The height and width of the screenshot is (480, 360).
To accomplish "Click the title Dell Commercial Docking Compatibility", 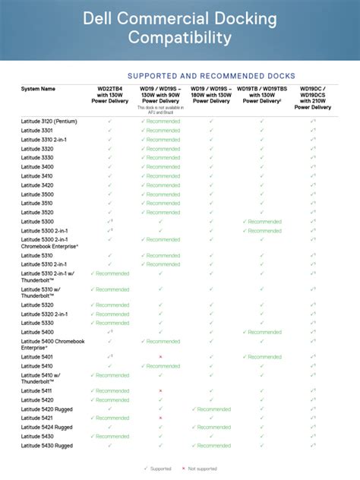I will pyautogui.click(x=179, y=28).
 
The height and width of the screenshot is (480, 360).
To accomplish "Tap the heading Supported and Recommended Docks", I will pyautogui.click(x=211, y=75).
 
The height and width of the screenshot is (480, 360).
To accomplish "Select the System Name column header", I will pyautogui.click(x=38, y=89).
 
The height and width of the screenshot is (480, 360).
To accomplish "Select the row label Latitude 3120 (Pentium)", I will pyautogui.click(x=49, y=122).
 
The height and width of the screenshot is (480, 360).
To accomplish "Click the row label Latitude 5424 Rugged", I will pyautogui.click(x=47, y=428).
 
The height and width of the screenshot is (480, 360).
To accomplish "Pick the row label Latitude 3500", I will pyautogui.click(x=37, y=194).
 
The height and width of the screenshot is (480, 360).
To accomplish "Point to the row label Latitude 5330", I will pyautogui.click(x=37, y=323).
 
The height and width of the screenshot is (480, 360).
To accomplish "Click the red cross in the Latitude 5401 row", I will pyautogui.click(x=160, y=357).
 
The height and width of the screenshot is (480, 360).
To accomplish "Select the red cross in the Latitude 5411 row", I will pyautogui.click(x=160, y=391).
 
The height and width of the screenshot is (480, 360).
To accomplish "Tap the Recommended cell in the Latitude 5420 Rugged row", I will pyautogui.click(x=211, y=409).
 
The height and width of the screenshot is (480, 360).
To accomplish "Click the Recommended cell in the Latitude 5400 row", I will pyautogui.click(x=262, y=332).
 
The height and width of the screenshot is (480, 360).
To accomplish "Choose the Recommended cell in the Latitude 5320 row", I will pyautogui.click(x=110, y=305).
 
